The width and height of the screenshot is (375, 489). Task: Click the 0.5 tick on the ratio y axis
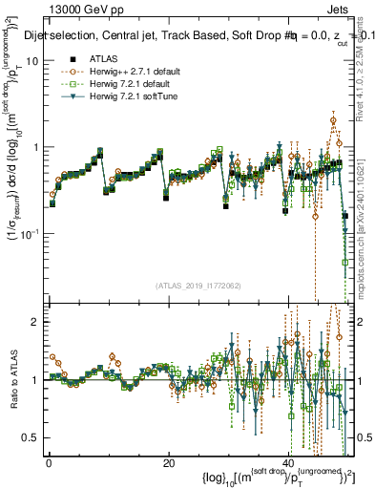(x=31, y=437)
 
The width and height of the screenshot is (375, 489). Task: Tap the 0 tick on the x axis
(x=49, y=463)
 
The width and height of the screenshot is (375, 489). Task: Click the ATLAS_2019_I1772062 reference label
(x=198, y=286)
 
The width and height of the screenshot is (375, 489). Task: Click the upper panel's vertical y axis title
(x=13, y=162)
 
